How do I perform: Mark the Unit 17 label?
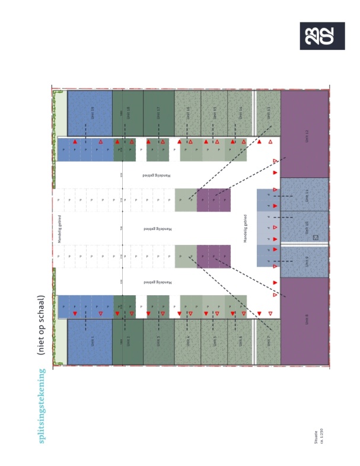tap(158, 113)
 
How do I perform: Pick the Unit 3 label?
tap(158, 341)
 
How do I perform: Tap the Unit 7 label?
tap(269, 341)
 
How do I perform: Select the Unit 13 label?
tap(269, 113)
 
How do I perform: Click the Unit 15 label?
tap(214, 113)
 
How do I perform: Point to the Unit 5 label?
tap(214, 341)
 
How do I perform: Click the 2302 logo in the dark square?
tap(322, 36)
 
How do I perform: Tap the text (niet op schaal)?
tap(42, 325)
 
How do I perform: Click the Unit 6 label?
tap(240, 341)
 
